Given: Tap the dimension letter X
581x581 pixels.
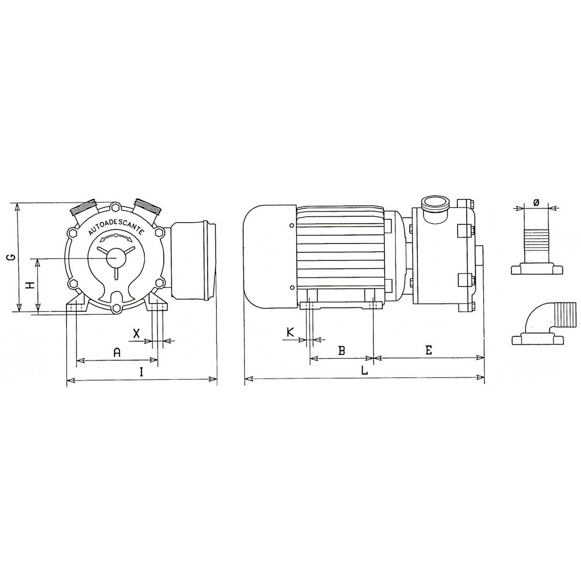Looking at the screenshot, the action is pos(137,333).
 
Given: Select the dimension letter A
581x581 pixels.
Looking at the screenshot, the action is pos(117,352).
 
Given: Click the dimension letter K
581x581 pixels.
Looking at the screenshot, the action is pos(290,333).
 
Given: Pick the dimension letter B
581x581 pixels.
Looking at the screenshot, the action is pos(341,351).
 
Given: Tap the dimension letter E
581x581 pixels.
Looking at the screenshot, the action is pos(428,350).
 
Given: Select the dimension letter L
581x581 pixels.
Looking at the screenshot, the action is pos(365,370).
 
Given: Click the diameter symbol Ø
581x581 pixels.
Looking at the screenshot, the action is pos(536,202).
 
